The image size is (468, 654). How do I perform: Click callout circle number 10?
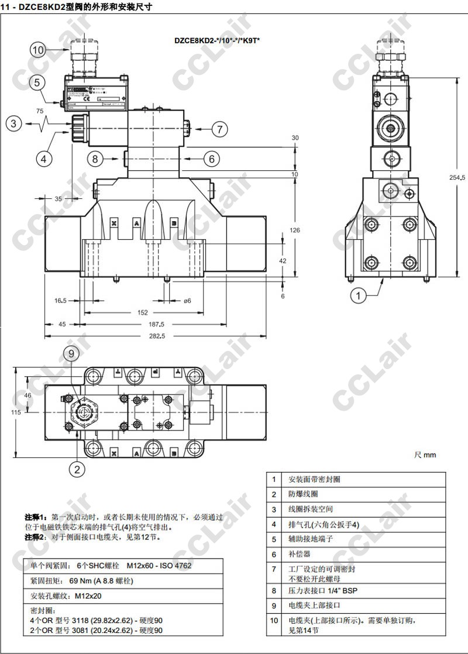tap(38, 50)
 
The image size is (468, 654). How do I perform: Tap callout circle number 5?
tap(37, 83)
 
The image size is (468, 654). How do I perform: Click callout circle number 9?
tap(71, 353)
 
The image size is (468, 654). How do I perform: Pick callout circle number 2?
tap(77, 468)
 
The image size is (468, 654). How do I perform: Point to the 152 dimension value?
tap(143, 312)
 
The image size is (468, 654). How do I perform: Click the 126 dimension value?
tap(295, 230)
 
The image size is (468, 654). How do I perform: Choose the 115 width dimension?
tap(9, 412)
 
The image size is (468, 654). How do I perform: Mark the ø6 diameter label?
tap(187, 301)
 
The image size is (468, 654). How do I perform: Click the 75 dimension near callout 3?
tap(40, 111)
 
